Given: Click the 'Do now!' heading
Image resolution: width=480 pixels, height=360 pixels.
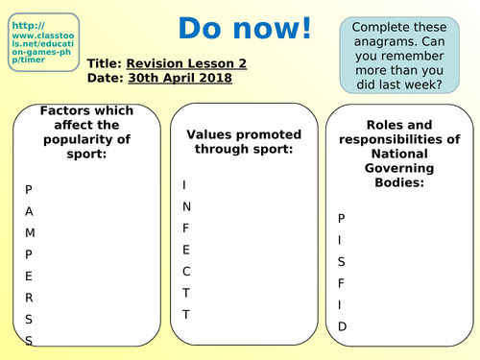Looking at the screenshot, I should coord(246,30).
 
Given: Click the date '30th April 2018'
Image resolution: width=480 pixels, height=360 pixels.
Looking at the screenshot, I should coord(179,78).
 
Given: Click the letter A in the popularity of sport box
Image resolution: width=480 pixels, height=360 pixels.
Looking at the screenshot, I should coord(29,210).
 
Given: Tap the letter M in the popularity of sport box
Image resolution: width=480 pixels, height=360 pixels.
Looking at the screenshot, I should coord(30,232).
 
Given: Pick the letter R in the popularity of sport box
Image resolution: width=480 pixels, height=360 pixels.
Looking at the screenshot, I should coord(29,298).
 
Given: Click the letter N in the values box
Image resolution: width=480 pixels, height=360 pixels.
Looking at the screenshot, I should coord(187,205).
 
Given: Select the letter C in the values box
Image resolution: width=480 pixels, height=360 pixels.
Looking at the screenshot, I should coord(187,271).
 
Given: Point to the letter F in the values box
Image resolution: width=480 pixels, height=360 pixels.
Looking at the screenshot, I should coord(186,228).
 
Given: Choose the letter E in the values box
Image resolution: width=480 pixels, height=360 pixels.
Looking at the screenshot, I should coord(186,249).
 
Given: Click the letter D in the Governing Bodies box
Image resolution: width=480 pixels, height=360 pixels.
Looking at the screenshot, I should coord(342,326).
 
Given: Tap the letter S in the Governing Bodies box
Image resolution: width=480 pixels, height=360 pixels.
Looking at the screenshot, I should coord(341,261).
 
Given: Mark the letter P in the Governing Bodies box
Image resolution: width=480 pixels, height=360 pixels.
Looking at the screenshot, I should coord(341,218).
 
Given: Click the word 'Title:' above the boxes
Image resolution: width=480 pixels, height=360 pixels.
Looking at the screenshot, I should coord(104,62).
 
